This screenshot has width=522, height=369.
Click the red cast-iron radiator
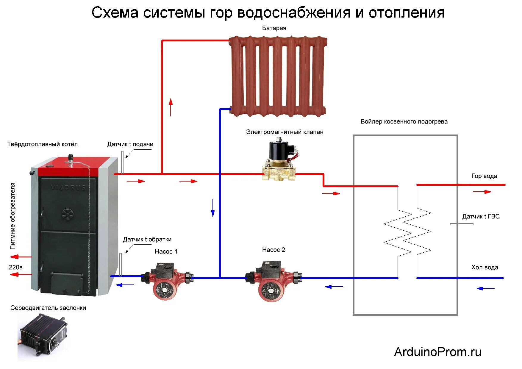click(278, 76)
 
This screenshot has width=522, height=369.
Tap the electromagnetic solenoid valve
click(280, 162)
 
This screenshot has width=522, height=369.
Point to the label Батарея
click(274, 28)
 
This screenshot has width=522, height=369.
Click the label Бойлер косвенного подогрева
click(404, 121)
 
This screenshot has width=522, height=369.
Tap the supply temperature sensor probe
click(122, 162)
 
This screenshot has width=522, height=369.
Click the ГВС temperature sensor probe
click(461, 224)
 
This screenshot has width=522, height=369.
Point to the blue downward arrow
click(213, 208)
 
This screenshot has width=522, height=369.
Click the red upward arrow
click(171, 107)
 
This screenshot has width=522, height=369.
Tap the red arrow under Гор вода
click(482, 192)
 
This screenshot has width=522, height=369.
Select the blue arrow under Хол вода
click(485, 288)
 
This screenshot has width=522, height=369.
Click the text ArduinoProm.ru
click(437, 352)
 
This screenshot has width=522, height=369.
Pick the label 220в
click(15, 267)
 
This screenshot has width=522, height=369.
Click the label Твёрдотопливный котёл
click(42, 144)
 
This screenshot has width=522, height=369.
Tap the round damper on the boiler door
click(68, 214)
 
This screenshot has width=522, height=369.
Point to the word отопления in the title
click(407, 13)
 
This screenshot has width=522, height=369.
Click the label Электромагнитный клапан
click(285, 132)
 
